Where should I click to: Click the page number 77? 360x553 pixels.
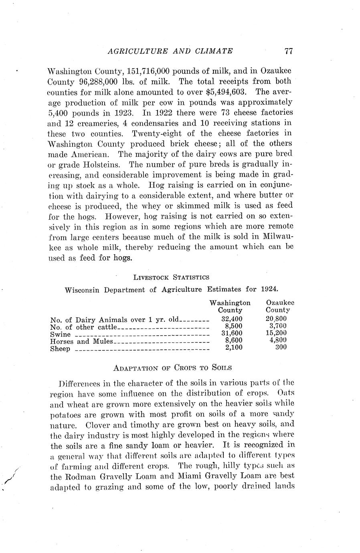(289, 51)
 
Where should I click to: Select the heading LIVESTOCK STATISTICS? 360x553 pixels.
(171, 277)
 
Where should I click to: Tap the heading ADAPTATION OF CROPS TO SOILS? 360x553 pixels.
(173, 367)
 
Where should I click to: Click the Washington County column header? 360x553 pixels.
(230, 306)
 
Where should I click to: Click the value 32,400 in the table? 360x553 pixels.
(232, 319)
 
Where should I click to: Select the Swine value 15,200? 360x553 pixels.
(276, 333)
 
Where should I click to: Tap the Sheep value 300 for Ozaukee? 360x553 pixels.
(281, 347)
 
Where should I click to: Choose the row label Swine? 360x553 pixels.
(61, 334)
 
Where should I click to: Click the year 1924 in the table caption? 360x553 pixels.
(269, 289)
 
